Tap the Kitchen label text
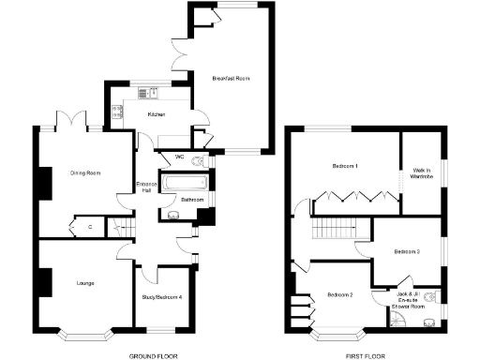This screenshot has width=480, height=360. coord(156,113)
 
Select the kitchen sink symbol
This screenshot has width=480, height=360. coord(147,92)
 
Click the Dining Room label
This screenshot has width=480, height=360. coord(85,172)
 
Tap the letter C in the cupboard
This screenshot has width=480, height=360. coord(90,226)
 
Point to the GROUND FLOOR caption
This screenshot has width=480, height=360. coord(153,355)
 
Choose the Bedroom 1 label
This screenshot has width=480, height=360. coord(345,166)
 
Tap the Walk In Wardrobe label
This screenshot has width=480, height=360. coord(420,173)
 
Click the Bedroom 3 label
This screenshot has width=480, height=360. coord(406,251)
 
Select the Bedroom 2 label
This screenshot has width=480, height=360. coord(339,295)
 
